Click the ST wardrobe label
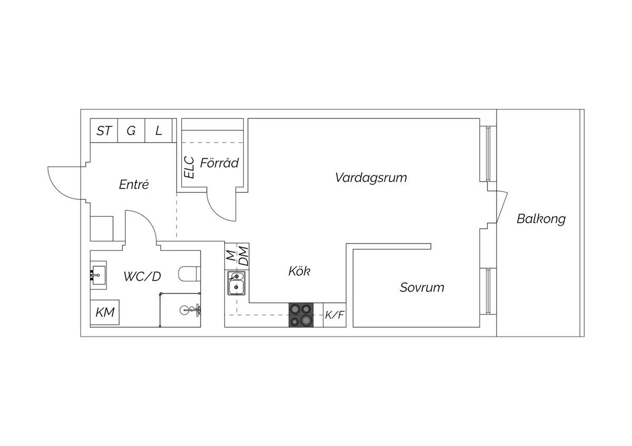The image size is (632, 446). coord(104,131)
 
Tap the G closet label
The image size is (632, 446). coord(131,131)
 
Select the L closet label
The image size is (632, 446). coord(159,131)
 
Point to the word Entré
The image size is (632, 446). coord(134,185)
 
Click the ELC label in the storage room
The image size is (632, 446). coord(189,167)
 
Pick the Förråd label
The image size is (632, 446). coord(219,163)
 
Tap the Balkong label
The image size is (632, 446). coord(541,219)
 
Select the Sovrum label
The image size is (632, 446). coord(422,287)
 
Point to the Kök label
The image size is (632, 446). coord(299,271)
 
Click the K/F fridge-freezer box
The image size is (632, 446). coord(334,315)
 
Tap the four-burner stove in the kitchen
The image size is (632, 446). coord(301,315)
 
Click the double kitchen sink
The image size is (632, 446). coord(236,283)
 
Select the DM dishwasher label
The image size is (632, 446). coord(243,256)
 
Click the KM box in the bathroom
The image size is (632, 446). coord(105,312)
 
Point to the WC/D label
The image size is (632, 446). coord(142,277)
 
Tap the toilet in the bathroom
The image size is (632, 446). coord(189,274)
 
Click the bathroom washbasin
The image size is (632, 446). coord(98,275)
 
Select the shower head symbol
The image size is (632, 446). coord(191,310)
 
